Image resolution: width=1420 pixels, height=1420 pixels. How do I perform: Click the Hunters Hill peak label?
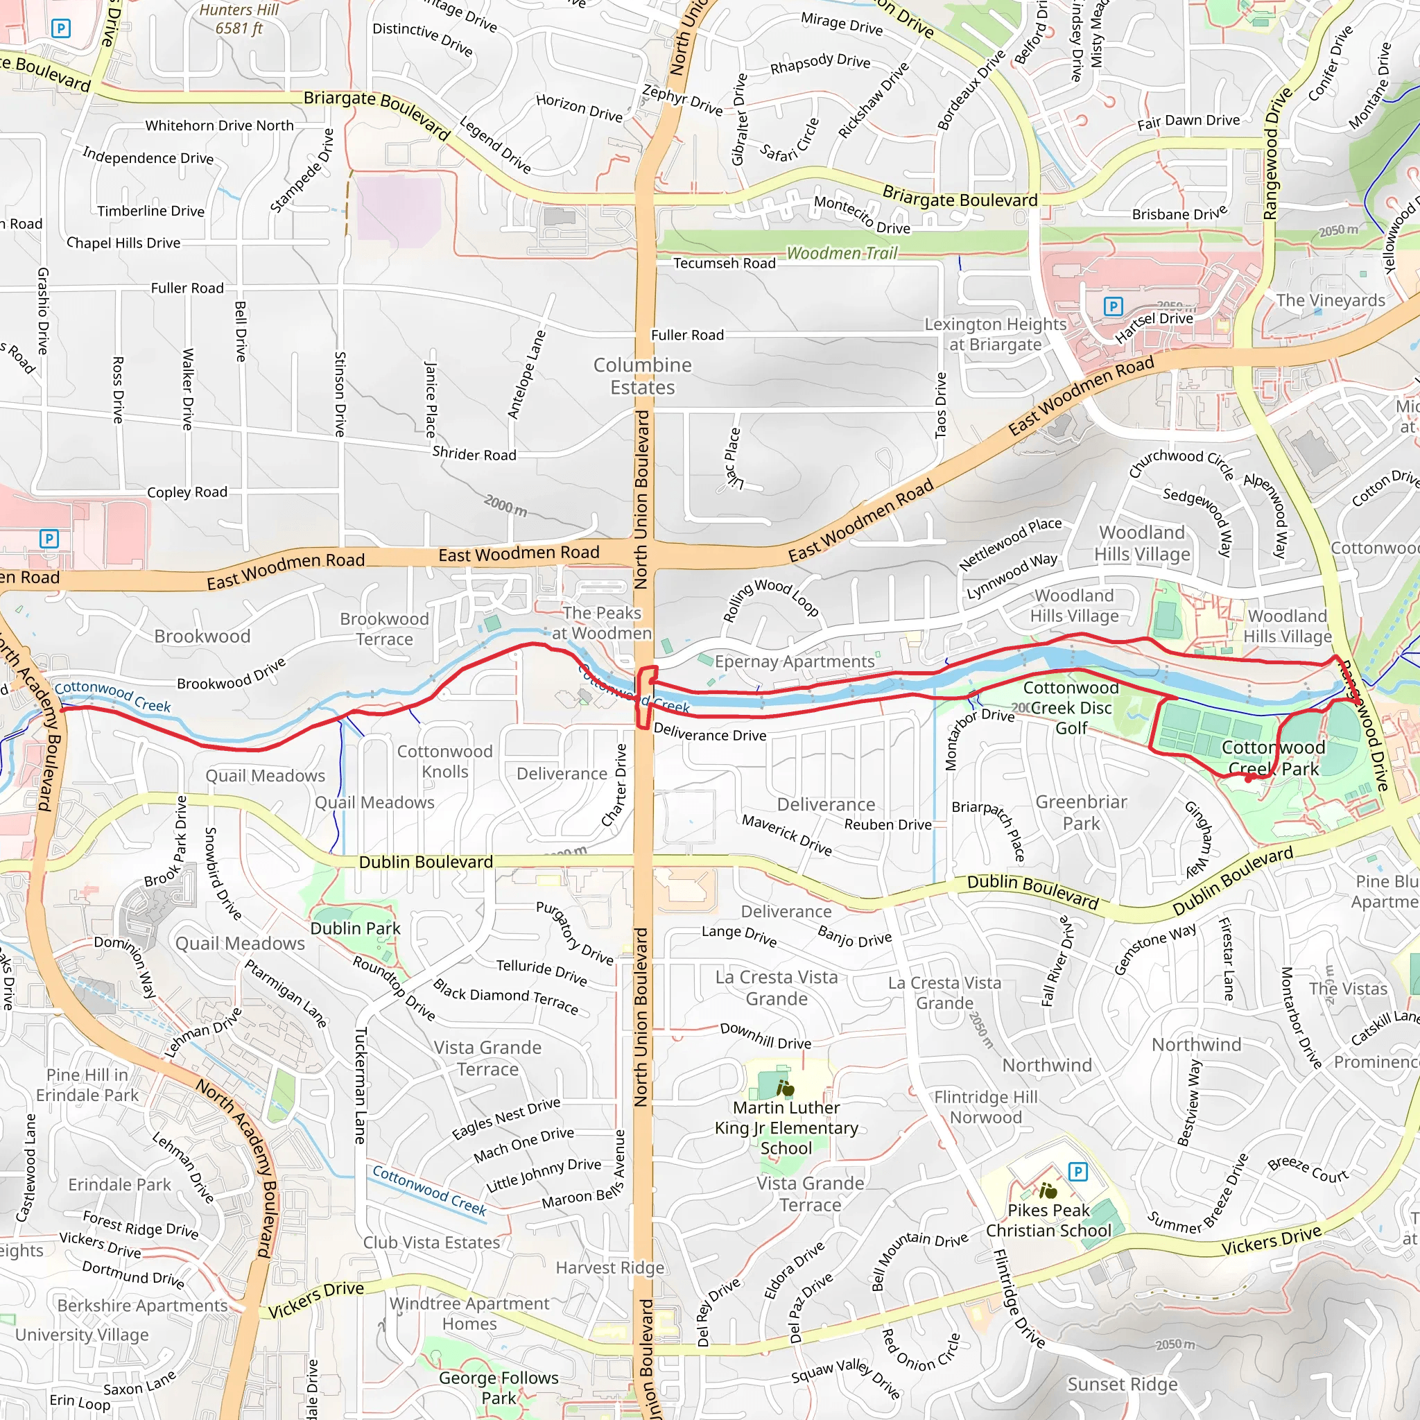click(x=240, y=19)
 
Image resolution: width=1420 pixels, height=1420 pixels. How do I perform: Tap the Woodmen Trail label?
click(x=842, y=254)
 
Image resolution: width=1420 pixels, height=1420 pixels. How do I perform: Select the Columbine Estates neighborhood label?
click(x=642, y=376)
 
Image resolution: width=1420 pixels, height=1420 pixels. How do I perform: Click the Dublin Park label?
click(x=356, y=928)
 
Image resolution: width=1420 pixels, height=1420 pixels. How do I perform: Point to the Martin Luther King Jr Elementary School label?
click(x=786, y=1127)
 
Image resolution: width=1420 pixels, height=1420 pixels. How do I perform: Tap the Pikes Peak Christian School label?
click(x=1049, y=1220)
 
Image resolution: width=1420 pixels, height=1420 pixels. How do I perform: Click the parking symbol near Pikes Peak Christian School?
click(x=1077, y=1172)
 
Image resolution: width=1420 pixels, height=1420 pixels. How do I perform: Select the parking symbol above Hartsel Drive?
click(x=1114, y=306)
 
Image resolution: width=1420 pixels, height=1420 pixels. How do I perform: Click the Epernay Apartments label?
click(x=795, y=661)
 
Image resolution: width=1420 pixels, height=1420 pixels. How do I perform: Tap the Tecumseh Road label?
click(x=724, y=263)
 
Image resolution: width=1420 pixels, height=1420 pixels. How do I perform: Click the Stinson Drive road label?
click(x=340, y=394)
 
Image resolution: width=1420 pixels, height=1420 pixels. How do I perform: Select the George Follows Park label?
click(x=499, y=1387)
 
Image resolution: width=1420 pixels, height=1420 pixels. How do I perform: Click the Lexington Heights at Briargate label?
click(x=995, y=334)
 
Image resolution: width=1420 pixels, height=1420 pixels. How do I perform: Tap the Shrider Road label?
click(x=474, y=453)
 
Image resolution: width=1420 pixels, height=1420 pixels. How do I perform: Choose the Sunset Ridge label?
click(x=1123, y=1385)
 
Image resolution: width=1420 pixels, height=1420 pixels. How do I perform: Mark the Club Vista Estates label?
click(x=431, y=1242)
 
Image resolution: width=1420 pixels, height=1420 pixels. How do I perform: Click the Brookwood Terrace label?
click(x=384, y=629)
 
